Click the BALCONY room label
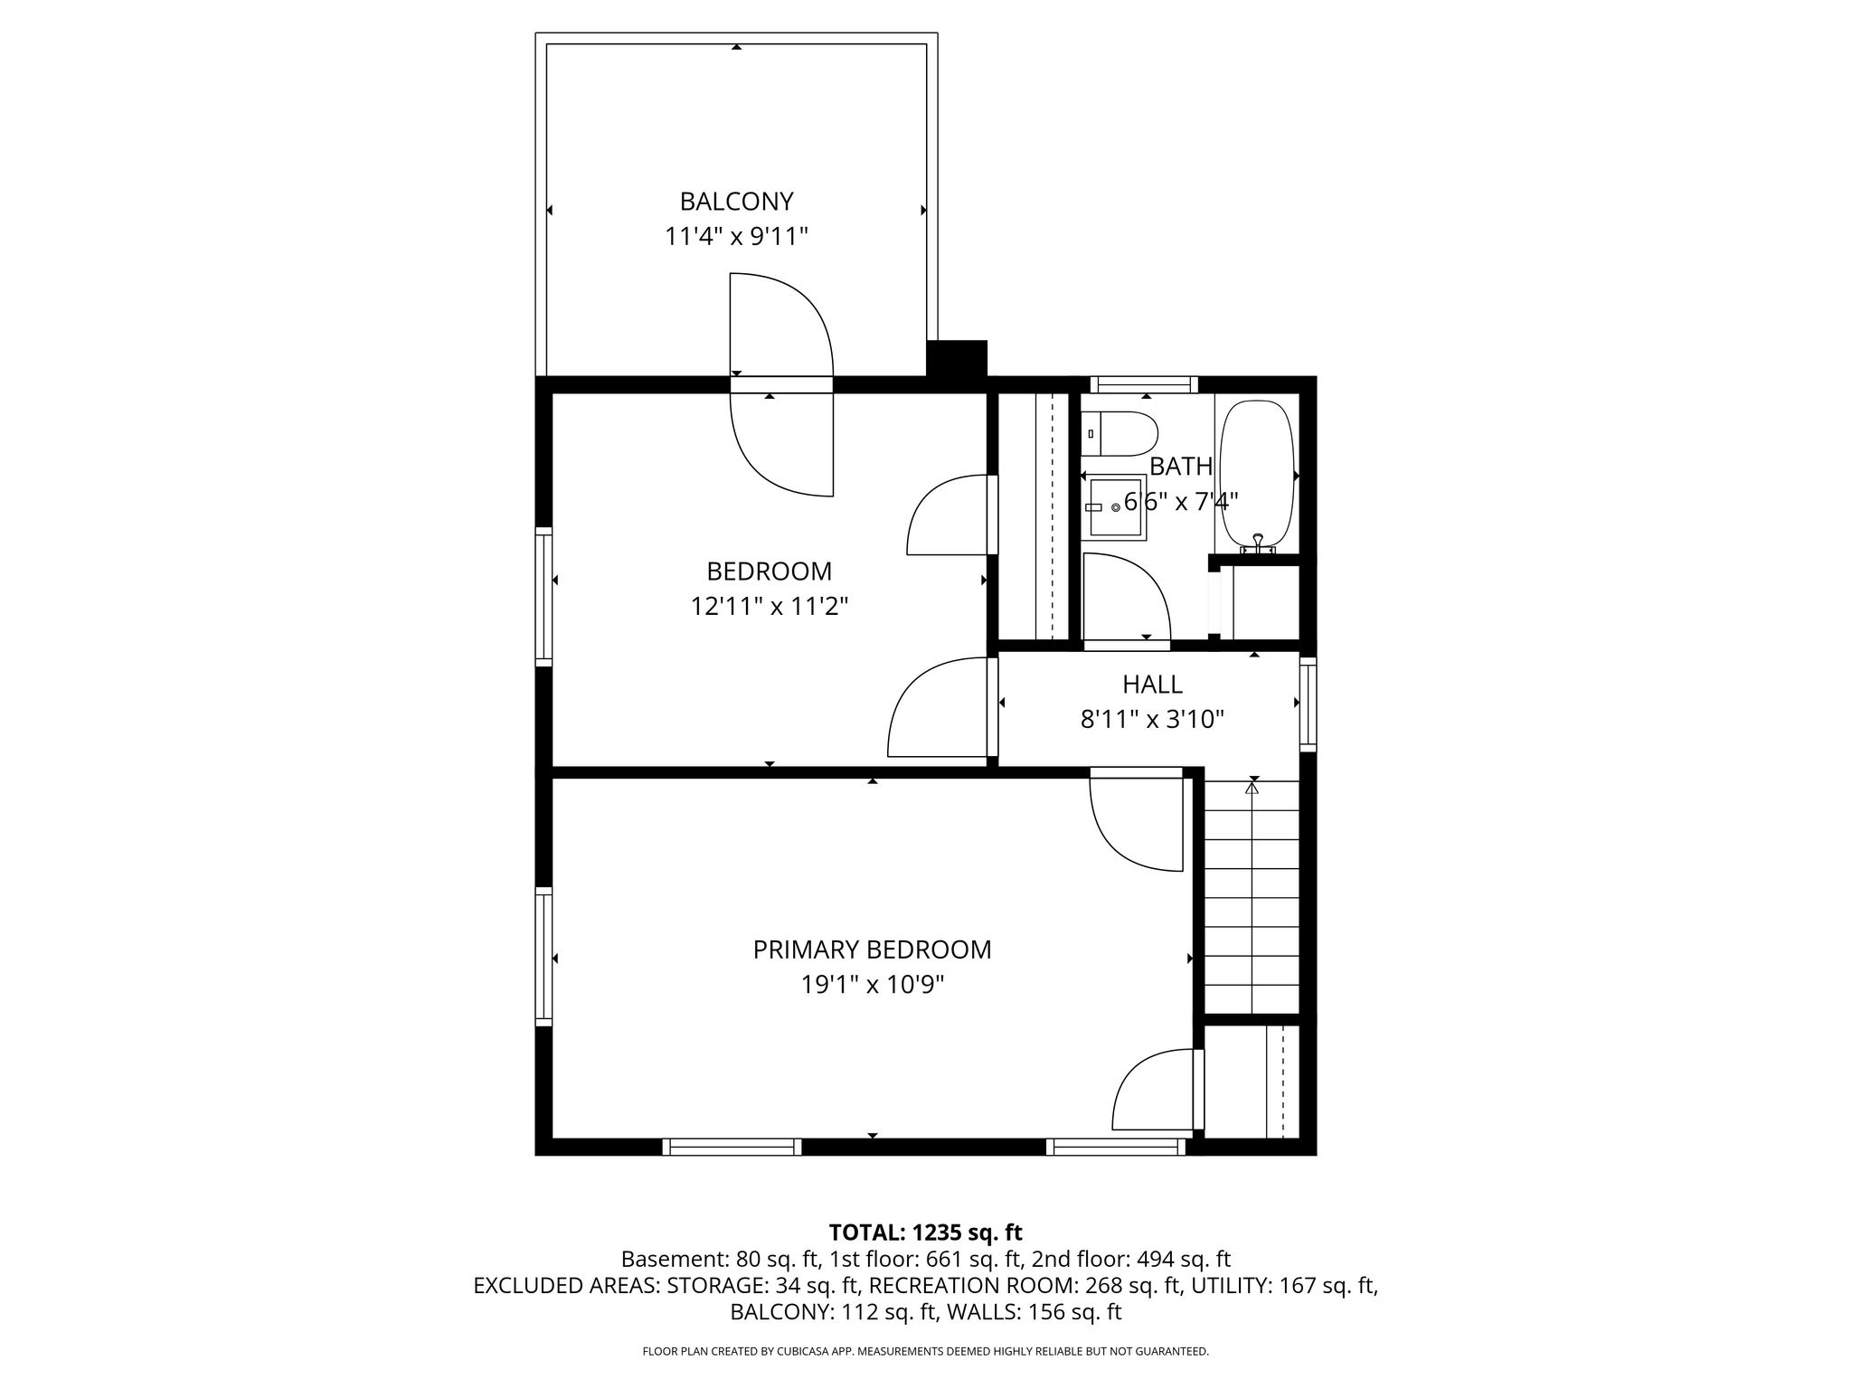click(x=736, y=201)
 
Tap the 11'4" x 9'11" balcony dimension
click(x=736, y=237)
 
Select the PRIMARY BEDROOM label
click(x=872, y=950)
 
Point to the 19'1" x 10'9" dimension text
click(x=872, y=985)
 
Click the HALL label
click(x=1152, y=685)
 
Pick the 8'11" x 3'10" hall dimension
click(x=1152, y=720)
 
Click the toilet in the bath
click(x=1120, y=434)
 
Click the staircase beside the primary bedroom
click(x=1252, y=896)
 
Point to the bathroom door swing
click(x=1127, y=598)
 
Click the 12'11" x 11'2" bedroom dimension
click(x=770, y=606)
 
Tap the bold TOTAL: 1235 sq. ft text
click(x=925, y=1233)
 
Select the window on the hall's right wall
click(x=1308, y=704)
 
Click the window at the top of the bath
click(x=1144, y=384)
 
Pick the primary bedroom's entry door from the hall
click(x=1137, y=819)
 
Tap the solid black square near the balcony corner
click(x=957, y=357)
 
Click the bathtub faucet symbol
click(x=1257, y=543)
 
